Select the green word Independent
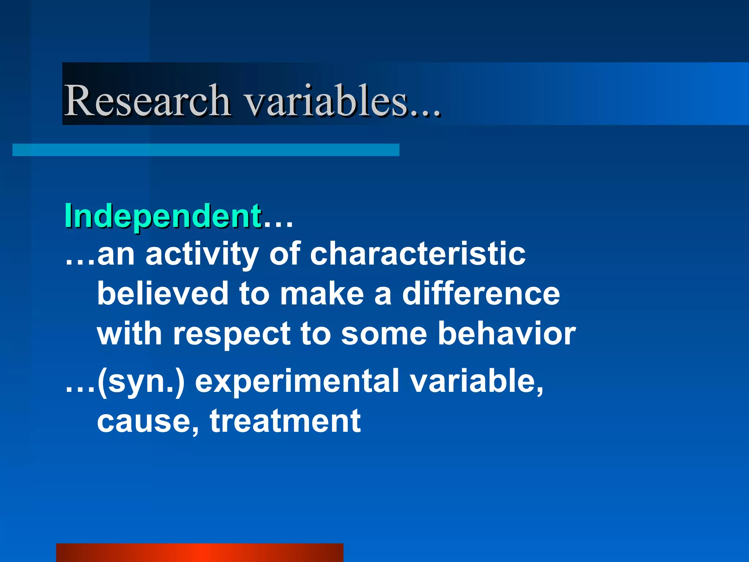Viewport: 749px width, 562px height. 163,216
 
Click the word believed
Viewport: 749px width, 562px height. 163,294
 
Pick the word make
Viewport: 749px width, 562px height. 322,294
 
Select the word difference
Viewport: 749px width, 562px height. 481,294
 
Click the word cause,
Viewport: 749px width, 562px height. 148,421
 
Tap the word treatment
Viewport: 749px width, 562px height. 285,421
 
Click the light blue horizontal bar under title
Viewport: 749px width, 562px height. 206,150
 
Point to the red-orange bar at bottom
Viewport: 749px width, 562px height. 199,552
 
